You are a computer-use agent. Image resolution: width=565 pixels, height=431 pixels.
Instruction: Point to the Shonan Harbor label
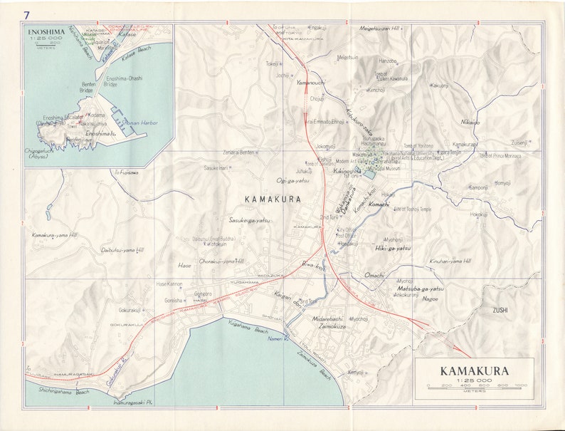pos(139,123)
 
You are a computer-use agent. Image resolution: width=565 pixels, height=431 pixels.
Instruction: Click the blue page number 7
pos(26,15)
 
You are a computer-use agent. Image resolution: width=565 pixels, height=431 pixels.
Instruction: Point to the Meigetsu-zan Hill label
pos(385,29)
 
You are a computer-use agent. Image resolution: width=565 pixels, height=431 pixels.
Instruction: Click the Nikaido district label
pos(470,122)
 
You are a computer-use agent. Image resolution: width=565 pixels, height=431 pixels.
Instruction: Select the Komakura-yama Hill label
pos(56,234)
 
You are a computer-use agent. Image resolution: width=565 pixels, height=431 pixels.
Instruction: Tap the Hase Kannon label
pos(169,284)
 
